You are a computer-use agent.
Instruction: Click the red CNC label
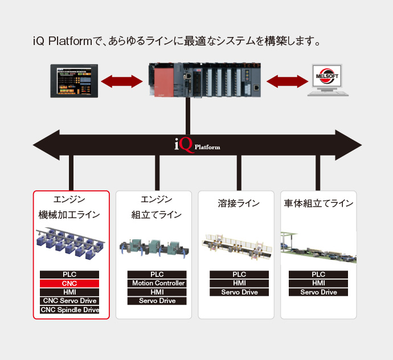tap(69, 283)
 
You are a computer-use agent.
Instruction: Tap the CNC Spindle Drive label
tap(69, 310)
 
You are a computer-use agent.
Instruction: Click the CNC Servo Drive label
tap(69, 301)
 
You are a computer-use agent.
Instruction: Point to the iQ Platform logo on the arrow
tap(197, 146)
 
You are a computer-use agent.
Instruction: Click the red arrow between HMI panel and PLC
tap(121, 80)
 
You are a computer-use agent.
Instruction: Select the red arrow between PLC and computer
tap(288, 80)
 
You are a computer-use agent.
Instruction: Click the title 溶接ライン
tap(239, 203)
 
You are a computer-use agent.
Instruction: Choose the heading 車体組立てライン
tap(318, 203)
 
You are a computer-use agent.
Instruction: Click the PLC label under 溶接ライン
tap(239, 275)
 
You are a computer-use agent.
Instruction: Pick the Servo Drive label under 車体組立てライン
tap(318, 292)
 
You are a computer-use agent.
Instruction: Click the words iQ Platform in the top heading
tap(63, 42)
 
